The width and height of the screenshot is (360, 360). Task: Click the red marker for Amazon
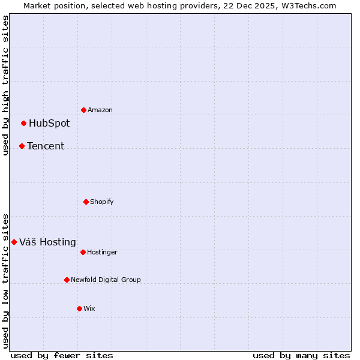click(83, 110)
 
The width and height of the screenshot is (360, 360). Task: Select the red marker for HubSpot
click(24, 124)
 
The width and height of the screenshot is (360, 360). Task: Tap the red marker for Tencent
click(22, 146)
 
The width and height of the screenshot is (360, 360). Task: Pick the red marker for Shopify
click(86, 202)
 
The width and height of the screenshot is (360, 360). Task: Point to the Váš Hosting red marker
click(14, 242)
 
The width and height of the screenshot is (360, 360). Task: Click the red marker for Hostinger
click(83, 252)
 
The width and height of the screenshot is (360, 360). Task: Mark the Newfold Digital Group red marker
click(67, 280)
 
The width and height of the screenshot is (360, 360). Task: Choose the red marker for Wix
click(79, 308)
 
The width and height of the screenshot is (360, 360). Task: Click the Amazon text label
click(100, 110)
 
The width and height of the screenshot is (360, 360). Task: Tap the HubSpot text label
click(49, 124)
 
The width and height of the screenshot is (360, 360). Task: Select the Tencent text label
click(46, 146)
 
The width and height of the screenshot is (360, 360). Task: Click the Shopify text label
click(102, 202)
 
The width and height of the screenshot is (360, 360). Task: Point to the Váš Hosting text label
click(47, 242)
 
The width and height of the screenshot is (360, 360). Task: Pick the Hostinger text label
click(102, 253)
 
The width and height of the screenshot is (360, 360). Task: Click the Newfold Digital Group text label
click(106, 280)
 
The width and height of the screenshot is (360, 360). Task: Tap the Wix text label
click(89, 309)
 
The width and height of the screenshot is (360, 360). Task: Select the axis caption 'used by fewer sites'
click(62, 356)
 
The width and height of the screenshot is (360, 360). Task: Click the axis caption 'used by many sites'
click(301, 356)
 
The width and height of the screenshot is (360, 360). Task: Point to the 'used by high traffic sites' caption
click(5, 85)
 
